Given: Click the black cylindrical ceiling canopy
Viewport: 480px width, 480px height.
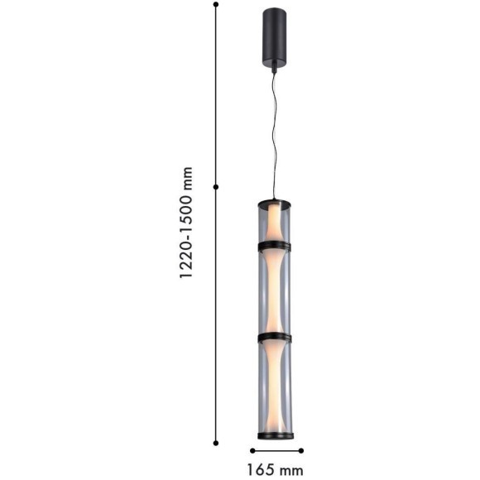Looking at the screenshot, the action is coord(274,36).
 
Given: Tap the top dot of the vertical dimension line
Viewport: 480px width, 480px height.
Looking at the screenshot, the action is coord(216,4).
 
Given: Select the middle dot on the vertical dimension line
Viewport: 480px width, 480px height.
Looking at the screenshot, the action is coord(216,187).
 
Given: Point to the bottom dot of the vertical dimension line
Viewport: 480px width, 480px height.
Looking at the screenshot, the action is coord(216,443).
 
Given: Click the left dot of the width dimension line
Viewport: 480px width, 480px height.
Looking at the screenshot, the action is coord(252,450).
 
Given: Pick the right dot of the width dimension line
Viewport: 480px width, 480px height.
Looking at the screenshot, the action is coord(301,450).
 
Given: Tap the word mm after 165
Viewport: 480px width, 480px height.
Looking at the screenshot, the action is coord(290,472).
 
